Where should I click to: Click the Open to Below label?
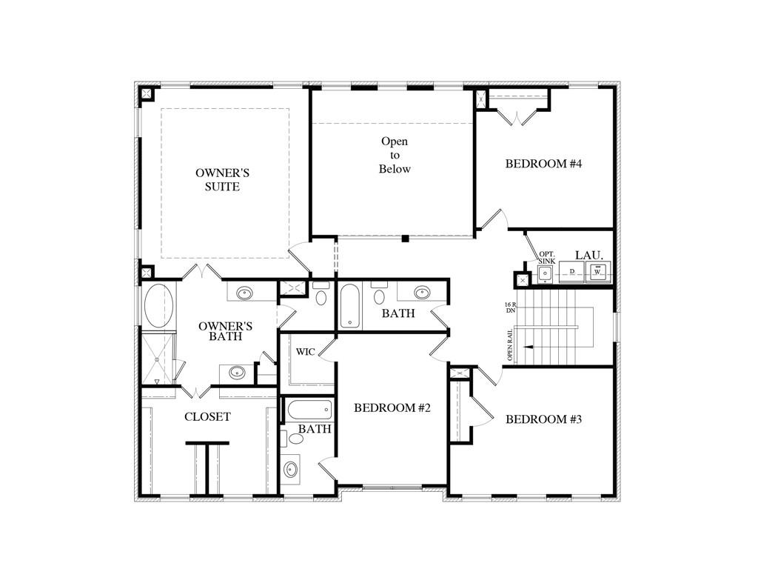point(395,155)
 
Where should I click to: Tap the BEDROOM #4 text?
point(543,164)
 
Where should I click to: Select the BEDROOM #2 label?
point(392,408)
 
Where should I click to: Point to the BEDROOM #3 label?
point(543,419)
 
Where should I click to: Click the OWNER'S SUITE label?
point(222,179)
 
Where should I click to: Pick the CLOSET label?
point(207,416)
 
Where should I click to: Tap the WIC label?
point(306,352)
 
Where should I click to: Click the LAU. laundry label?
point(588,255)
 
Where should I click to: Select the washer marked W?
point(598,272)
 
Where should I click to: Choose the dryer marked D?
point(572,272)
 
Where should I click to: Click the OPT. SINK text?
point(547,257)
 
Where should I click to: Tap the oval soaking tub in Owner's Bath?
point(158,305)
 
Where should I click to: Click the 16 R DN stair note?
point(511,307)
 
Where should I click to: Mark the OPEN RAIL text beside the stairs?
point(510,345)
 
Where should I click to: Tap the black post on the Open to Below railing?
point(405,238)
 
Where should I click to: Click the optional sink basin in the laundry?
point(546,274)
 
